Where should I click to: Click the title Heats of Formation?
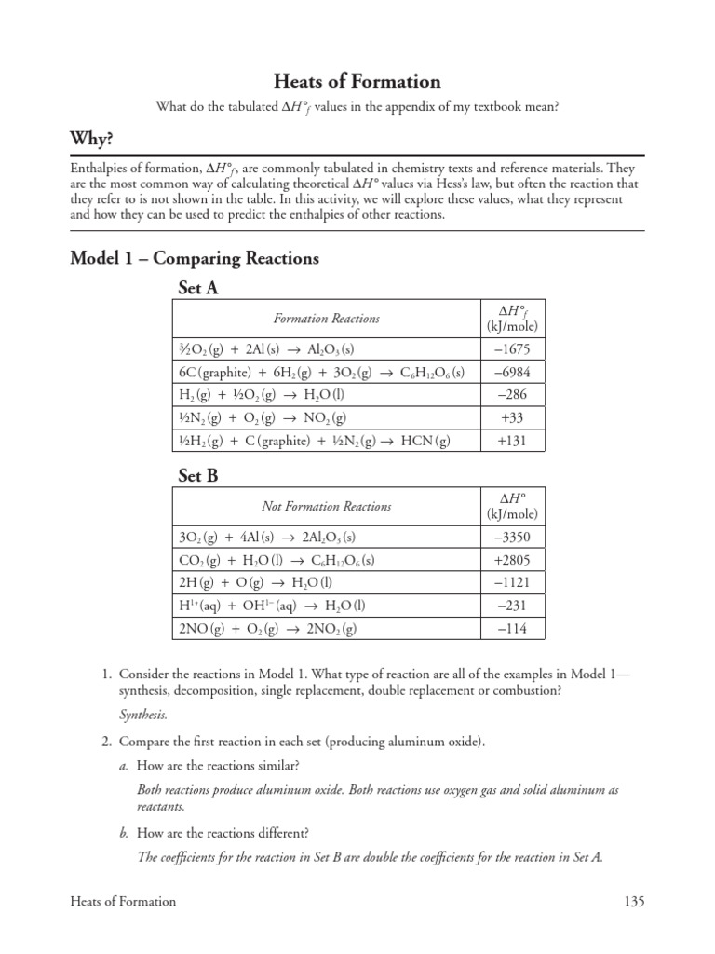point(357,82)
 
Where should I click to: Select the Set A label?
point(198,289)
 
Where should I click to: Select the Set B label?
point(198,476)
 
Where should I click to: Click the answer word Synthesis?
point(143,715)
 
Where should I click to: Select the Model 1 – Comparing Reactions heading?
point(195,258)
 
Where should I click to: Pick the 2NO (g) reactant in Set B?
point(201,629)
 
